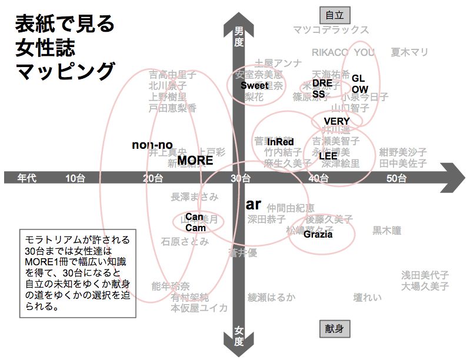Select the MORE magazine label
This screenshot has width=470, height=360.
(x=195, y=160)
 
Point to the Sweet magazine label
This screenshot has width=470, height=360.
(x=254, y=85)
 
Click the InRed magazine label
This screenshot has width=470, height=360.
(x=280, y=142)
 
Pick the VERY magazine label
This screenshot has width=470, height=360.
(x=337, y=121)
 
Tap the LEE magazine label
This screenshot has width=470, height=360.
(x=328, y=156)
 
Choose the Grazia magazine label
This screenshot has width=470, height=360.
(x=318, y=234)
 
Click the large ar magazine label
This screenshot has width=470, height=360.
(x=253, y=204)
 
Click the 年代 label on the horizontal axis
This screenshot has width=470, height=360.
(x=27, y=178)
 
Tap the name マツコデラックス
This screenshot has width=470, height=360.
(x=331, y=30)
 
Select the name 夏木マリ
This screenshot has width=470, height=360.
(x=409, y=52)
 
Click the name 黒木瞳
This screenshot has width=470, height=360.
(x=386, y=230)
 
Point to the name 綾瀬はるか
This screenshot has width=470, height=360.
(x=271, y=297)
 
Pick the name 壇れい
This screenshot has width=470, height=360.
(x=367, y=297)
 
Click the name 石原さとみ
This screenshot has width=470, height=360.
(x=185, y=241)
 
